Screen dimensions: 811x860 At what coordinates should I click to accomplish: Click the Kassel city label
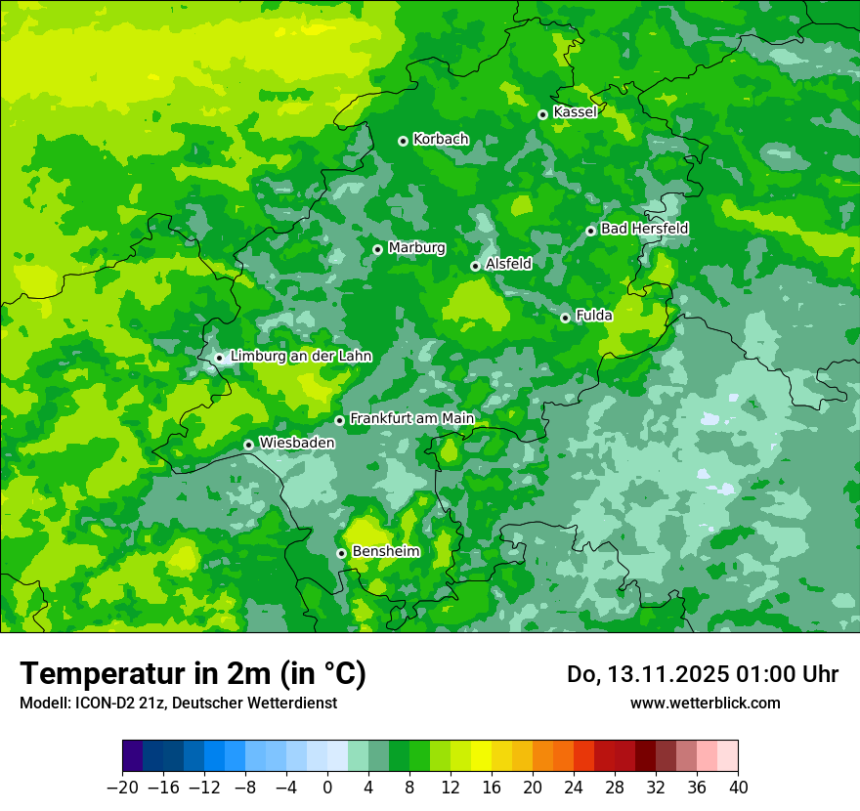(x=575, y=112)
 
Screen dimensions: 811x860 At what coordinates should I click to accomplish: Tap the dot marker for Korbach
(x=403, y=141)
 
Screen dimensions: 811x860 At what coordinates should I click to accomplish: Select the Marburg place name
(x=416, y=248)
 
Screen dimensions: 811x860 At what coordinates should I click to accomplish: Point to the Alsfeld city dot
(x=475, y=266)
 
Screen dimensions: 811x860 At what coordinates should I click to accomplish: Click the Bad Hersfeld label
(x=644, y=229)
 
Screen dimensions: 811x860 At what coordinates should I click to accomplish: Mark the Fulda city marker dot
(x=565, y=318)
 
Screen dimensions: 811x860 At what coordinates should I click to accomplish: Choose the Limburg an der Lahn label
(x=301, y=357)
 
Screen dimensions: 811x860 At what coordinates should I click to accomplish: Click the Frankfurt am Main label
(x=411, y=419)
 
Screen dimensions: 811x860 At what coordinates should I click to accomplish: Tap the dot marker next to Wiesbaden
(x=248, y=445)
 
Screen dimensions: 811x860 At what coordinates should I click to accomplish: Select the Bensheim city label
(x=385, y=552)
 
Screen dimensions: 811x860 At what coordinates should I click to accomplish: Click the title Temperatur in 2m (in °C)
(x=193, y=674)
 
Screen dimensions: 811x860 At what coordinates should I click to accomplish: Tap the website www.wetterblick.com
(x=705, y=703)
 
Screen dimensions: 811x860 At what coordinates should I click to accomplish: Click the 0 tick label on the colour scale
(x=327, y=788)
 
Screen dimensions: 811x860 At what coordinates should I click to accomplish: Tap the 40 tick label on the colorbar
(x=738, y=788)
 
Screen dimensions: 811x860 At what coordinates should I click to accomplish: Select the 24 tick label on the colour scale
(x=574, y=788)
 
